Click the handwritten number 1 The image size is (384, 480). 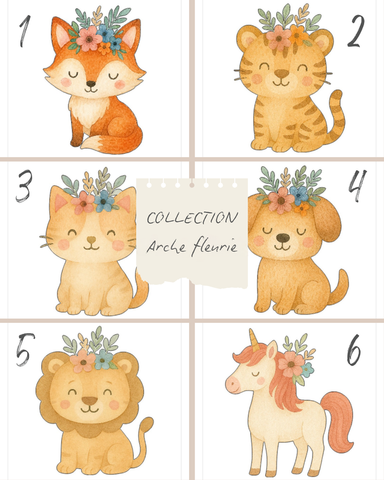[25, 31]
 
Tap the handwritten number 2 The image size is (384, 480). [356, 31]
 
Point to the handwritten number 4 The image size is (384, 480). [358, 186]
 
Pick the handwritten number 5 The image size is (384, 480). [25, 349]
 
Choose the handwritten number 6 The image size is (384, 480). [353, 349]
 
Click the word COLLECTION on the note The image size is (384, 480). [192, 218]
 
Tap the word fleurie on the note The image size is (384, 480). [214, 247]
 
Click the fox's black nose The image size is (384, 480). [91, 84]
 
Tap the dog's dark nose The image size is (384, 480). [283, 237]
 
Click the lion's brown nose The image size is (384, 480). [89, 400]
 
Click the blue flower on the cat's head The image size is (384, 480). [104, 201]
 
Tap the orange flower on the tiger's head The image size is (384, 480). [298, 35]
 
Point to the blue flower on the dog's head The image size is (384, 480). [299, 193]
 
